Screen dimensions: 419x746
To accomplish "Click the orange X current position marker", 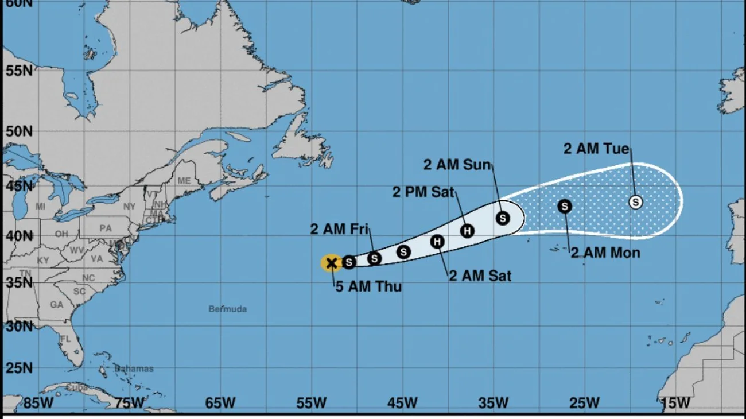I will point(331,263).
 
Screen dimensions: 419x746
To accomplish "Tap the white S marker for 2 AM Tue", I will point(635,202).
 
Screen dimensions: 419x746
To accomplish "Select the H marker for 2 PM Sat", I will point(467,231).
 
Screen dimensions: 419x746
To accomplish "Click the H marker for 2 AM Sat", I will point(437,242).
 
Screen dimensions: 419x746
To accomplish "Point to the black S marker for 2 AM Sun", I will point(503,218).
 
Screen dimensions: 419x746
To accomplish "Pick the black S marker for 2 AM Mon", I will point(565,206).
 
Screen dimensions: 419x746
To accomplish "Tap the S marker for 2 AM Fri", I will point(374,258).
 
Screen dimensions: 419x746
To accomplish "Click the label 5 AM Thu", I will point(368,287).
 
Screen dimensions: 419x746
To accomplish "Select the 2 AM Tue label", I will point(596,149).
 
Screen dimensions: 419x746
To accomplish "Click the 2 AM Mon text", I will point(605,253).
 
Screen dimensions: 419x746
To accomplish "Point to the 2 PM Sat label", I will point(423,192).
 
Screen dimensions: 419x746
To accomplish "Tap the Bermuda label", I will point(228,309).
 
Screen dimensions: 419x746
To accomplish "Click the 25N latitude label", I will point(18,367).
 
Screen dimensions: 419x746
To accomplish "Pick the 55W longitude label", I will point(312,403).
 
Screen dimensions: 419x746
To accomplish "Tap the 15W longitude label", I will point(675,403).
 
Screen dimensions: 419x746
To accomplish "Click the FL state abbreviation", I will point(66,339).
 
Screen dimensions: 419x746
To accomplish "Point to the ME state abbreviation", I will point(184,180).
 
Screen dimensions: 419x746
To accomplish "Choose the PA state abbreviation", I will point(106,228).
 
